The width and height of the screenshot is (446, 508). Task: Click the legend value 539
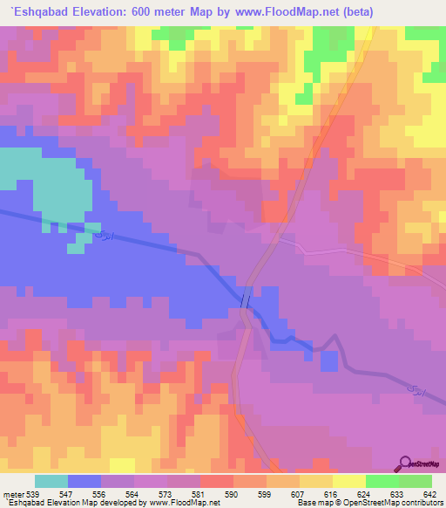[x=32, y=495]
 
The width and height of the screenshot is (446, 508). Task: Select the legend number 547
[x=67, y=495]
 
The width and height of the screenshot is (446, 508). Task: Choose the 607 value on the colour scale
[x=299, y=495]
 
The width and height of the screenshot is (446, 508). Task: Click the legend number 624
[x=365, y=495]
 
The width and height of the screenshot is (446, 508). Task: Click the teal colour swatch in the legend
[x=51, y=481]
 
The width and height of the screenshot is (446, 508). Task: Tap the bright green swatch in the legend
[x=382, y=481]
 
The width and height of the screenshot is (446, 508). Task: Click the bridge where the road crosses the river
[x=247, y=299]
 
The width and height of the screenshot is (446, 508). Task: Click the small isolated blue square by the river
[x=329, y=360]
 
